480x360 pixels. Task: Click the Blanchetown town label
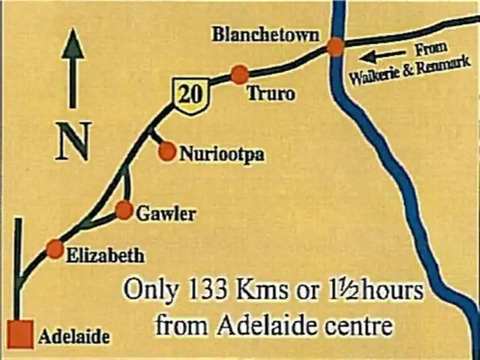coord(266,35)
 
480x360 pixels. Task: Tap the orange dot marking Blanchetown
coord(335,47)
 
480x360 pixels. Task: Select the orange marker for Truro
coord(239,74)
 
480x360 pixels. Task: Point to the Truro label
coord(271,94)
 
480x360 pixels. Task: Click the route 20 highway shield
coord(191,97)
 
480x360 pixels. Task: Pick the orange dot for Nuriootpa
coord(167,152)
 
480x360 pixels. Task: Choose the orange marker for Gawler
coord(124,210)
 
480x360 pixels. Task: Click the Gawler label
coord(166,213)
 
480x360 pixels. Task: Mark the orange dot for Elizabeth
coord(55,249)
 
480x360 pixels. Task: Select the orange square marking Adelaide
coord(20,334)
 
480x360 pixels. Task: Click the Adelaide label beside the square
coord(74,336)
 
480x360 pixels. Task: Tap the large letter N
coord(74,142)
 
